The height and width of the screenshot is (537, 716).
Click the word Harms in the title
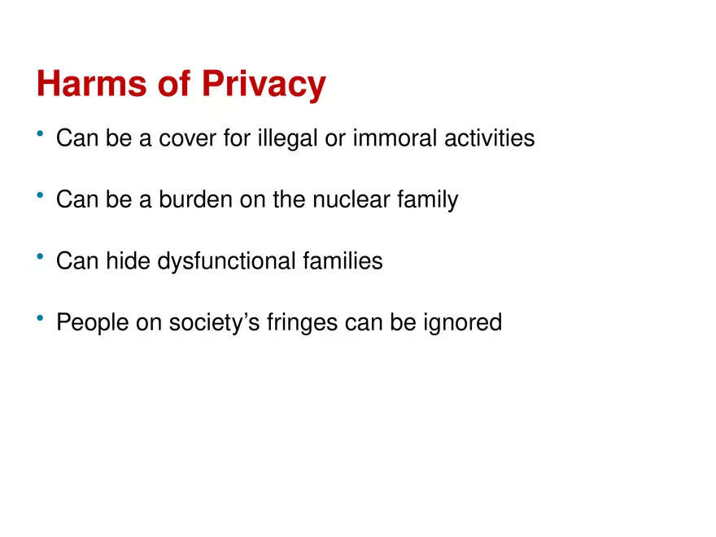(x=86, y=84)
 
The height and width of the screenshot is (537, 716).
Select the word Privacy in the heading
(x=264, y=85)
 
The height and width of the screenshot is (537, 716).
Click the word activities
(x=489, y=138)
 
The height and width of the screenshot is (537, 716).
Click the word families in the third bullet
(x=342, y=261)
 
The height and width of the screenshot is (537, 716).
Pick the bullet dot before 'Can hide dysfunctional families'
(x=40, y=257)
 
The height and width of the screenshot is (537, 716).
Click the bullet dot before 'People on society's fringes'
(x=40, y=319)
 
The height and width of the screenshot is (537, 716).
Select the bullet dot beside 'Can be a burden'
(x=40, y=195)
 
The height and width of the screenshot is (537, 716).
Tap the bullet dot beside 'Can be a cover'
(x=40, y=134)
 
